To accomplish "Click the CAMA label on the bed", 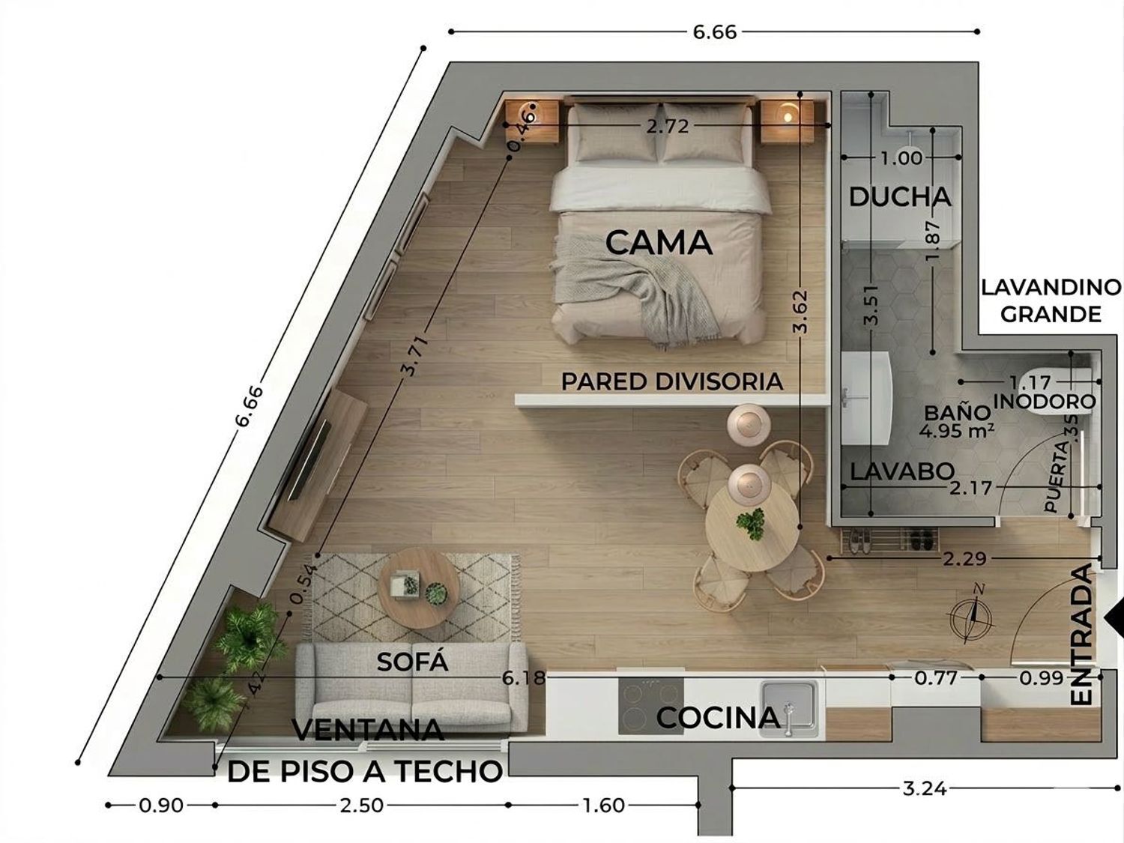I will coord(658,243).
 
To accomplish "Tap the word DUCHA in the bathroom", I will coord(899,197).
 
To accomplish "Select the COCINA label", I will coord(718,717).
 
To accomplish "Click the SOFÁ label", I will coord(412,662).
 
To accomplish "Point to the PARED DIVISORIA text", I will coord(671,381).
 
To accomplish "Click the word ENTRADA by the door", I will coord(1081,635).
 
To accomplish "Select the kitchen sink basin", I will coord(789,704).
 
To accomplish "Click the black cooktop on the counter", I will coord(650,706).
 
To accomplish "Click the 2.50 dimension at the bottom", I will coord(361,806).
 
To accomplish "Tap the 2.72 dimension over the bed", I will coord(667,127).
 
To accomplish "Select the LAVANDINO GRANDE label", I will coord(1051,300).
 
